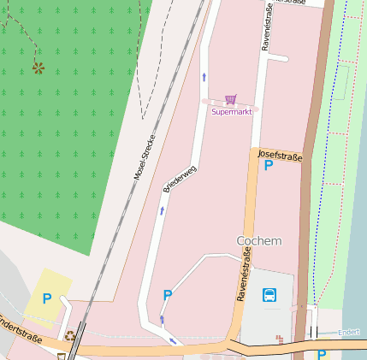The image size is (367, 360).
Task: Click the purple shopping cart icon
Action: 230,100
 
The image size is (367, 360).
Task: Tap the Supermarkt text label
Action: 231,112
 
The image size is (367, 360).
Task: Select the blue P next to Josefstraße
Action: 269,165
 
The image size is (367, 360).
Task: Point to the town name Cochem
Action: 259,241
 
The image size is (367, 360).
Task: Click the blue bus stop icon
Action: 269,296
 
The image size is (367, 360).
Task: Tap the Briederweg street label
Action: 180,179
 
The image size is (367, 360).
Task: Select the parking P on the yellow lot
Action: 47,299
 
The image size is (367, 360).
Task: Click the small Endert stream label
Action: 348,332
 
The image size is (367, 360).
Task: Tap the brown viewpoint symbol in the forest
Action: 38,67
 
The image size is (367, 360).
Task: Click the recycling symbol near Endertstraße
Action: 69,336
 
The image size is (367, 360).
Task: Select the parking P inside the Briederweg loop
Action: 168,295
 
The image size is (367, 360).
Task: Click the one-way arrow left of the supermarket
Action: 204,77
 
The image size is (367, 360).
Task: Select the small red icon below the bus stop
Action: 280,339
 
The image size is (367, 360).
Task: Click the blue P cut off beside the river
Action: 322,354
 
